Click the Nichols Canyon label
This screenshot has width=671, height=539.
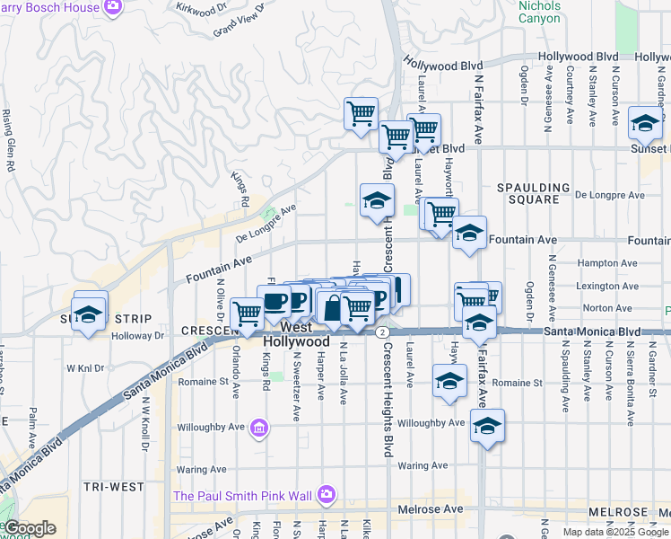pyautogui.click(x=539, y=12)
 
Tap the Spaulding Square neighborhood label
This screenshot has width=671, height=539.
pyautogui.click(x=534, y=193)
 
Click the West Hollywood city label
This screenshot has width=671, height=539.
pyautogui.click(x=298, y=335)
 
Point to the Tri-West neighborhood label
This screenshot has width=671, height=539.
pyautogui.click(x=113, y=486)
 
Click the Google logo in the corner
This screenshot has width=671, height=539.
pyautogui.click(x=30, y=528)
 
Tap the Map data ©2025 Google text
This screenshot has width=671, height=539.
pyautogui.click(x=616, y=532)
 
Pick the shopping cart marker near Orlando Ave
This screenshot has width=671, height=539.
pyautogui.click(x=247, y=313)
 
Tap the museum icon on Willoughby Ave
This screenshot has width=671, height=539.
pyautogui.click(x=259, y=426)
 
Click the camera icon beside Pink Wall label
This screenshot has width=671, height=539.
pyautogui.click(x=326, y=495)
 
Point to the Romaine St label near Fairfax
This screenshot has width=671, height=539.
pyautogui.click(x=518, y=383)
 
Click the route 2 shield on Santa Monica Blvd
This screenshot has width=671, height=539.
pyautogui.click(x=382, y=332)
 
